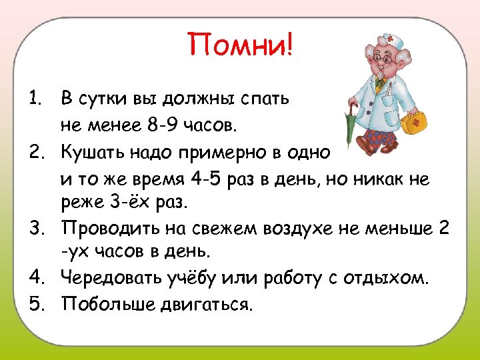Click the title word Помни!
240,45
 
